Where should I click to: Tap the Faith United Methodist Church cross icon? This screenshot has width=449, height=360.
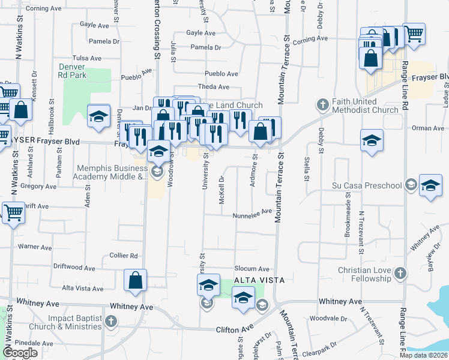tap(323, 105)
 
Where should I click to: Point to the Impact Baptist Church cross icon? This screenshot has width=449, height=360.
tap(110, 322)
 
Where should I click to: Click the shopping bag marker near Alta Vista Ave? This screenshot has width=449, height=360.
tap(136, 280)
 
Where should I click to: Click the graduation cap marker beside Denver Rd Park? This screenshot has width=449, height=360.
tap(98, 116)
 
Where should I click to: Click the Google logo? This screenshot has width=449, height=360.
tap(20, 353)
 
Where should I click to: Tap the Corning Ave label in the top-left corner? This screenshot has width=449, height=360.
tap(44, 9)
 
